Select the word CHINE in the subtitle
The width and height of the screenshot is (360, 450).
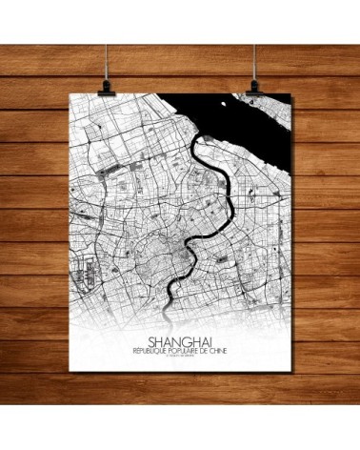[217, 348]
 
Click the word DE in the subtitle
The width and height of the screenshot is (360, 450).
[203, 348]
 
